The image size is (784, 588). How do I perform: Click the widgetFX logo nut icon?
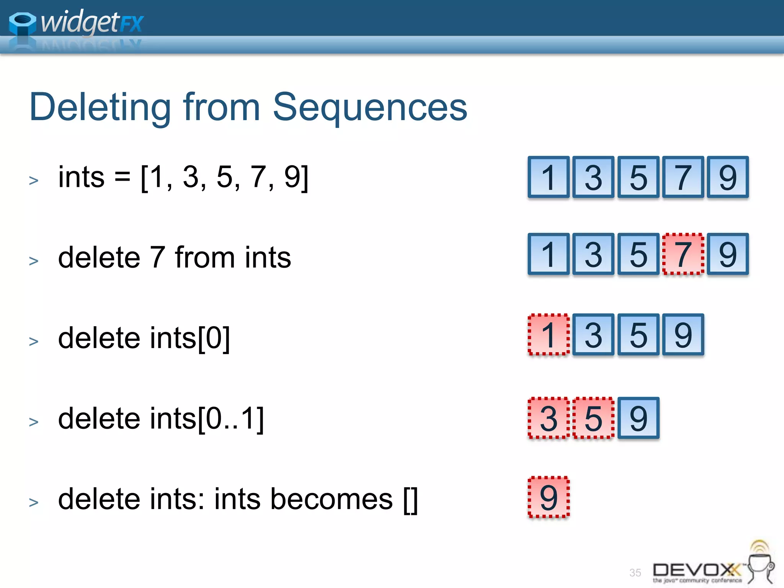coord(22,24)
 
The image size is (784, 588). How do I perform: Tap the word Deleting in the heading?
coord(100,108)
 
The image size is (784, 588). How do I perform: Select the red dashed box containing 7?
coord(683,254)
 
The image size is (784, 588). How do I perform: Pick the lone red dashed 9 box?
coord(549,497)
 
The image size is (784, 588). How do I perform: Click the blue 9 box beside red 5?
coord(638,418)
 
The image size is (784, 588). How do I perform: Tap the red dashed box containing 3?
coord(549,418)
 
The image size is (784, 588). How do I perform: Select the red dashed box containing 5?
coord(593,418)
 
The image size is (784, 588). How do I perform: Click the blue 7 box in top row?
coord(683,177)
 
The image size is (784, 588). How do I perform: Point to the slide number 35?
coord(635,573)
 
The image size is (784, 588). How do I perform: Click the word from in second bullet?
coord(205,257)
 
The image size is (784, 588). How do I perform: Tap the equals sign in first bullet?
coord(122,177)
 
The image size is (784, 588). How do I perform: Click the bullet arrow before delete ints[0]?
coord(34,341)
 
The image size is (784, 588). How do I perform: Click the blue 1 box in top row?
coord(549,177)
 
